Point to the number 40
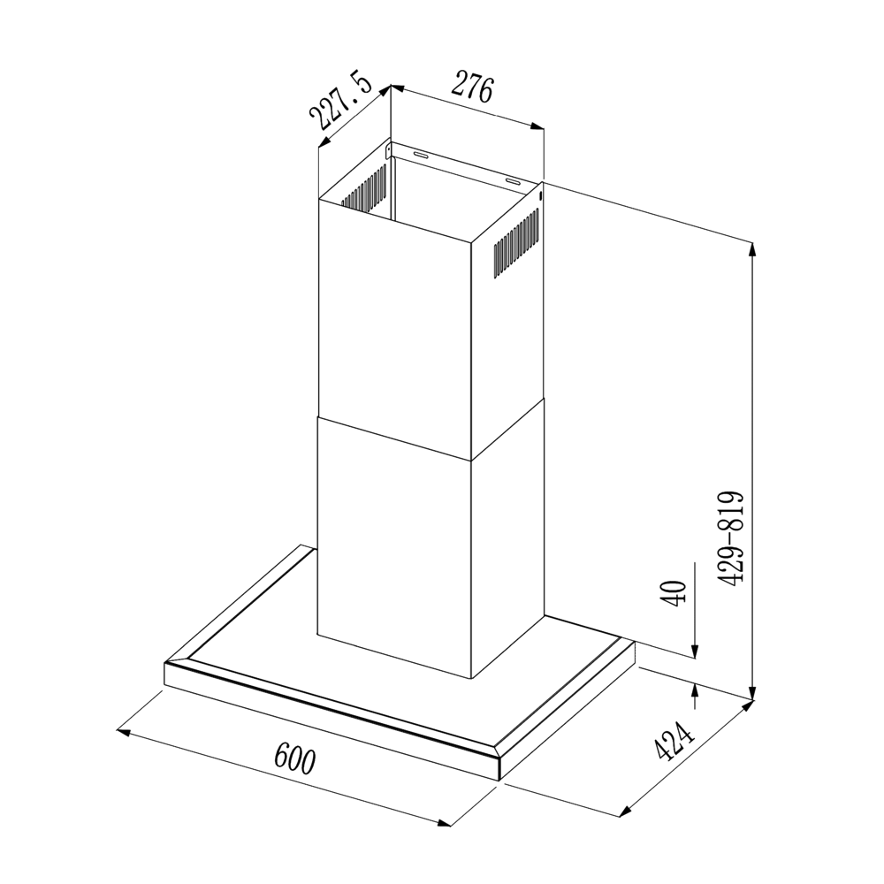click(674, 592)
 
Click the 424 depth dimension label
click(672, 741)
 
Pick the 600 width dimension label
click(293, 758)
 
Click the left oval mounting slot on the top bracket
click(422, 156)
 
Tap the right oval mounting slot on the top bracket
click(513, 181)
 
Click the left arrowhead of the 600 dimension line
click(125, 732)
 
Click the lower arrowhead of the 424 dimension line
click(629, 809)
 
